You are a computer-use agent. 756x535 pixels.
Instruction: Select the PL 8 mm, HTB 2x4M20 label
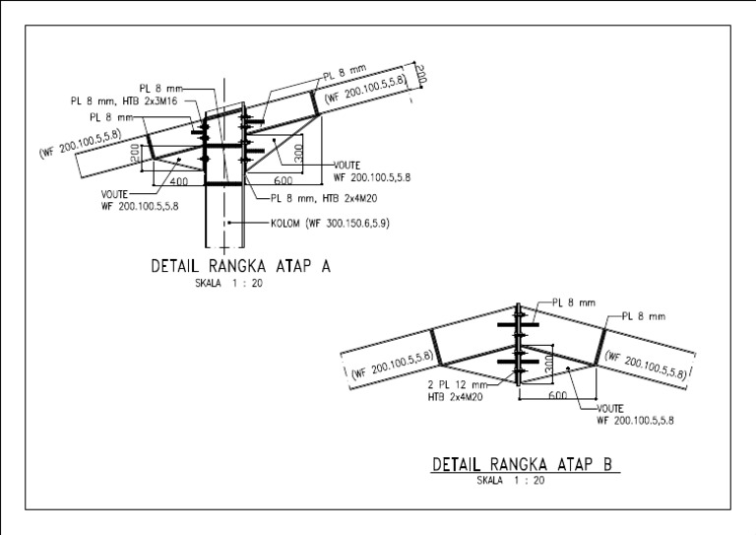[x=324, y=197]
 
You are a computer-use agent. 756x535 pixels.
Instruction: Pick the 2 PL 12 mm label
[x=458, y=384]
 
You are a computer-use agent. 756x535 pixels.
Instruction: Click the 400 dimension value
[x=179, y=181]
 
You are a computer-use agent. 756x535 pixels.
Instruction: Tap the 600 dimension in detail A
[x=283, y=181]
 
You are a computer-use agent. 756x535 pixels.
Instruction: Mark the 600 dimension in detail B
[x=556, y=395]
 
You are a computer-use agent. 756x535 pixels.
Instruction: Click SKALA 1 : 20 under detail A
[x=228, y=283]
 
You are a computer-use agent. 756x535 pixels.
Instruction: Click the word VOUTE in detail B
[x=612, y=407]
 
